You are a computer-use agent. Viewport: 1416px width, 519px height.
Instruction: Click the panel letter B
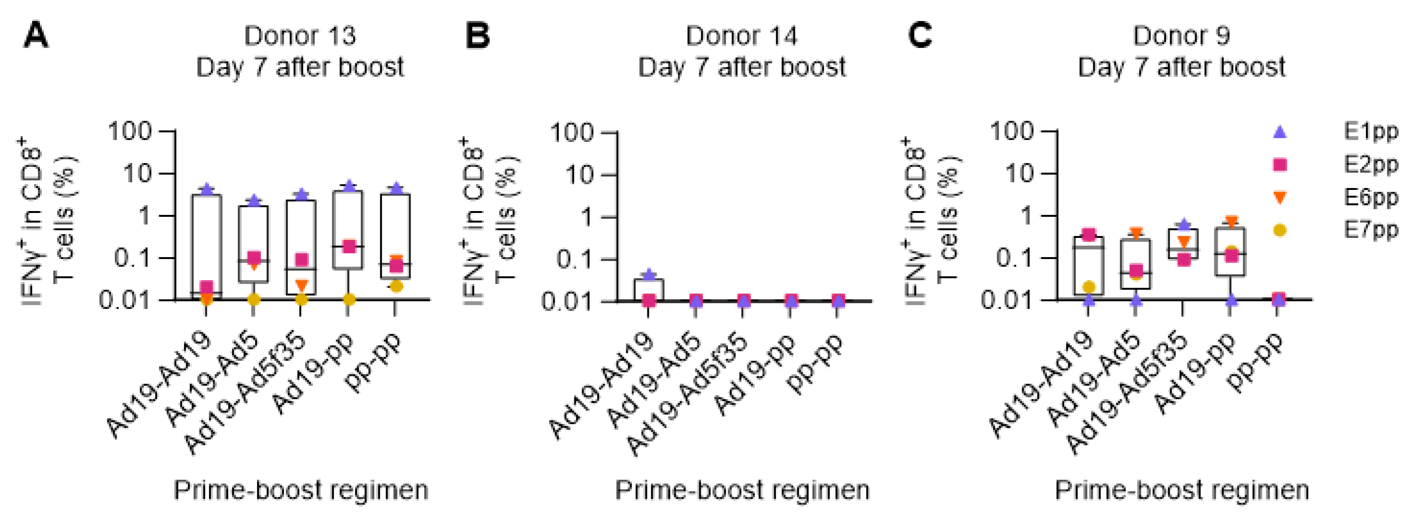coord(477,36)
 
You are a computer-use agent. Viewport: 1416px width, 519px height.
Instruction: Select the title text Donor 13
coord(300,36)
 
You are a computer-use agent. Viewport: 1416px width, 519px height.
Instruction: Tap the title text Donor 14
coord(741,36)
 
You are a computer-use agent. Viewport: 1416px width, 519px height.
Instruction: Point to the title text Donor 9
coord(1181,36)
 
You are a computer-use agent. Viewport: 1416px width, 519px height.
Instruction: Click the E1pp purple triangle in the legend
coord(1280,132)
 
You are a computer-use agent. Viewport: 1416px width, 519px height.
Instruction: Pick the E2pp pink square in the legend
coord(1280,164)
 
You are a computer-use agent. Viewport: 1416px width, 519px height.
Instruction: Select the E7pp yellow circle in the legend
coord(1280,230)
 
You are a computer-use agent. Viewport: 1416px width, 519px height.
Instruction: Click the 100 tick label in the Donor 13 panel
coord(130,132)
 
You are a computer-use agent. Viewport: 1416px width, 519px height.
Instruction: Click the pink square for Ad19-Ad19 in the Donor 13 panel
coord(206,288)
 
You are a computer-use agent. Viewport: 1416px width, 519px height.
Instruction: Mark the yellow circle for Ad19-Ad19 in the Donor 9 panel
coord(1089,287)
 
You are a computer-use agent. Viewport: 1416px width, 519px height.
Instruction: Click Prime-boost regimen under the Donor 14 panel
coord(742,490)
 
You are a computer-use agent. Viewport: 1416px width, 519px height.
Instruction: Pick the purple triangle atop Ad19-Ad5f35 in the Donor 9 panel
coord(1184,224)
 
